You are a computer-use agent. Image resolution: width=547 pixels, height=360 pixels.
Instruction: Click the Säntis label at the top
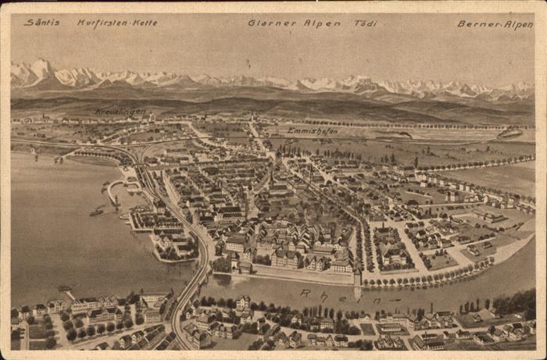click(41, 23)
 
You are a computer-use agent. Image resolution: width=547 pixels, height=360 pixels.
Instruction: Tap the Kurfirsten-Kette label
click(117, 23)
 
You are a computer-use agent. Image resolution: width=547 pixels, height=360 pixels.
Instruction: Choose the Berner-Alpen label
click(495, 24)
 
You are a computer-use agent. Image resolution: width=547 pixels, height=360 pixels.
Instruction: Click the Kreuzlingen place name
click(120, 112)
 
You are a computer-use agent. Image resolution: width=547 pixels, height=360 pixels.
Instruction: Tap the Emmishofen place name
click(312, 131)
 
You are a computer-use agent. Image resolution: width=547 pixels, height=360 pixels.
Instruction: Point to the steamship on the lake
click(96, 211)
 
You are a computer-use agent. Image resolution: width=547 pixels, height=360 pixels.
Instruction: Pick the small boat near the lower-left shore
click(65, 289)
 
